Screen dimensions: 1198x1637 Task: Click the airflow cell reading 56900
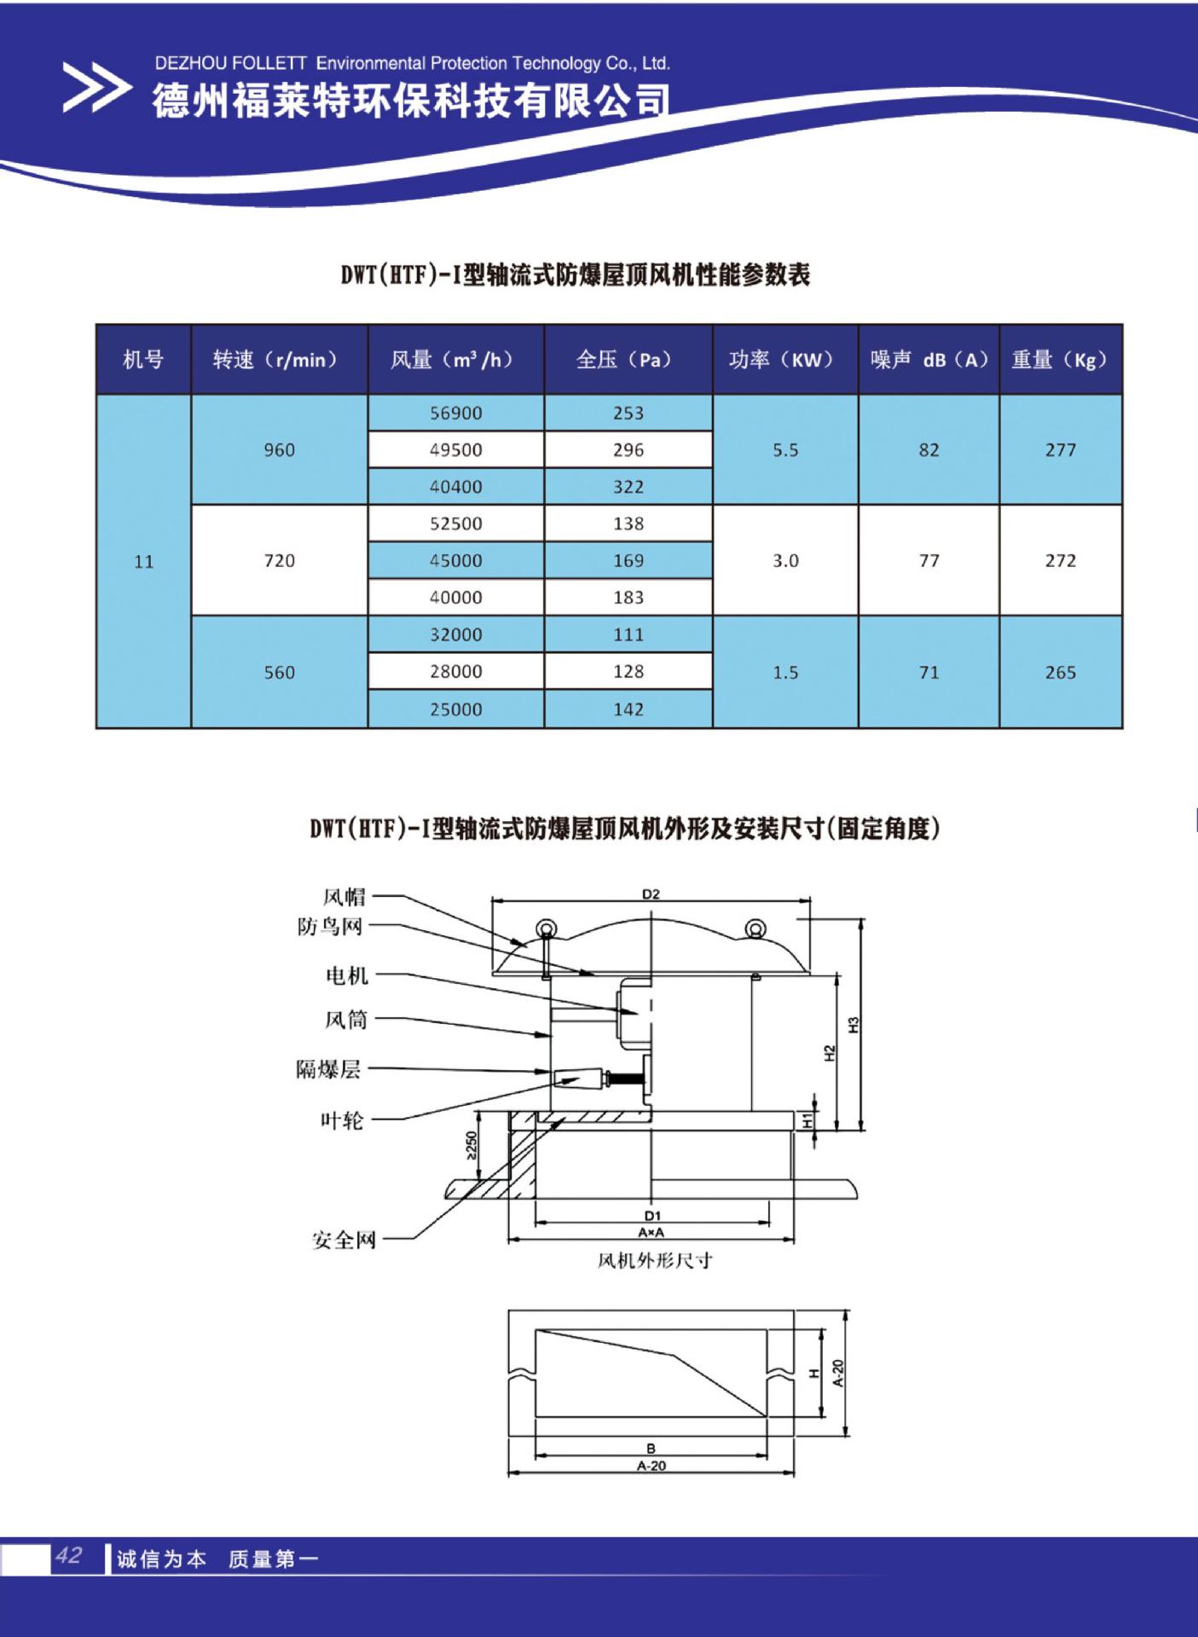[x=455, y=414]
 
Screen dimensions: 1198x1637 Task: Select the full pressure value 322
[x=628, y=487]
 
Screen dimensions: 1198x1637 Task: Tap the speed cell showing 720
[x=280, y=560]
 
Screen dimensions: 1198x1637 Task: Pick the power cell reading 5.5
[x=785, y=450]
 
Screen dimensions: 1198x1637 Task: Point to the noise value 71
[x=929, y=673]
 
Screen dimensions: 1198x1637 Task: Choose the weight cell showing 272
[x=1061, y=560]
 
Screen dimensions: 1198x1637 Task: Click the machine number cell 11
[x=144, y=561]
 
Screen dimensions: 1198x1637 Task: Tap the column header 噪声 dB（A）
[x=929, y=360]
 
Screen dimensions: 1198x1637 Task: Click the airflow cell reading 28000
[x=455, y=672]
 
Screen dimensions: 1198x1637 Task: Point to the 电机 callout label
[x=347, y=975]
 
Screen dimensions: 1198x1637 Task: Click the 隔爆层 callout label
[x=329, y=1069]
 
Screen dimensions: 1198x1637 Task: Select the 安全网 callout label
[x=344, y=1240]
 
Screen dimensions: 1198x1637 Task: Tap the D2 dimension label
[x=651, y=894]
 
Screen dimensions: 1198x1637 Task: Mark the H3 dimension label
[x=854, y=1025]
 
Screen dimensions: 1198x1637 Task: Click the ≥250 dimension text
[x=471, y=1144]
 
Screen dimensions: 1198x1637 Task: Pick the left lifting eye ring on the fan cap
[x=544, y=928]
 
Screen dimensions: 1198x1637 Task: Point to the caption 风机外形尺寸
[x=655, y=1260]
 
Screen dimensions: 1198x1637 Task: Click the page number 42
[x=68, y=1556]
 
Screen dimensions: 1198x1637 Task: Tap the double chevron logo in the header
[x=96, y=88]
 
